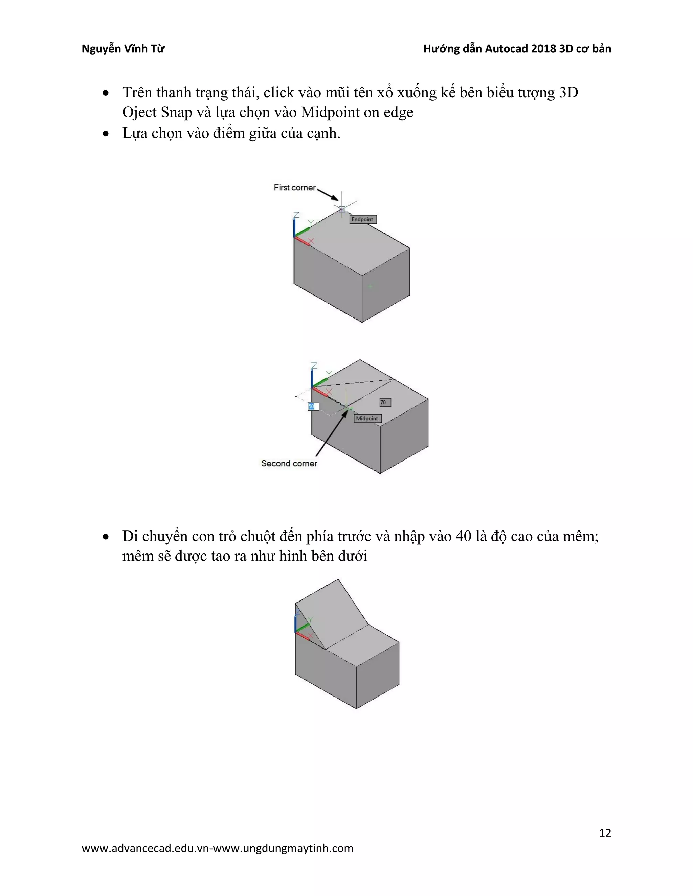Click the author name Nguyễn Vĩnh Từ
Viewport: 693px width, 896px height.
coord(123,49)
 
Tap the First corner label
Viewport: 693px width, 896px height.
coord(294,188)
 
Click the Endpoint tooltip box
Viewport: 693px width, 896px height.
coord(362,219)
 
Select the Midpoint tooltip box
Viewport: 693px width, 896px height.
coord(367,419)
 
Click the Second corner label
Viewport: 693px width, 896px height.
coord(289,463)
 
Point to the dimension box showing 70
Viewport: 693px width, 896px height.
coord(385,402)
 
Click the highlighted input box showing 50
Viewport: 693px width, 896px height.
coord(313,406)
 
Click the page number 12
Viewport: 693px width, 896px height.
coord(605,833)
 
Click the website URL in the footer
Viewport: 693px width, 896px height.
coord(217,848)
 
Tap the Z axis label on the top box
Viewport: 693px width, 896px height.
coord(296,215)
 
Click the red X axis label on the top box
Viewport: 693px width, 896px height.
coord(311,241)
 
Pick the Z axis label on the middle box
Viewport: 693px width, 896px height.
coord(314,365)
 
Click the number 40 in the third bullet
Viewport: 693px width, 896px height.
coord(464,536)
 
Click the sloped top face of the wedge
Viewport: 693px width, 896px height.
coord(333,613)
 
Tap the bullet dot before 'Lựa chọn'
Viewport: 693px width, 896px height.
coord(106,133)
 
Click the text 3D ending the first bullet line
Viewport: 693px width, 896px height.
coord(568,93)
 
